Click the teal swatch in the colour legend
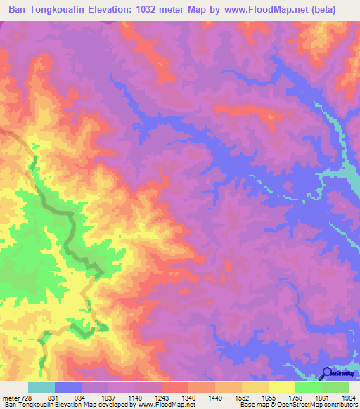coord(41,387)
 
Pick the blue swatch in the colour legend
coord(68,387)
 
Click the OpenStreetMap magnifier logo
coord(327,373)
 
